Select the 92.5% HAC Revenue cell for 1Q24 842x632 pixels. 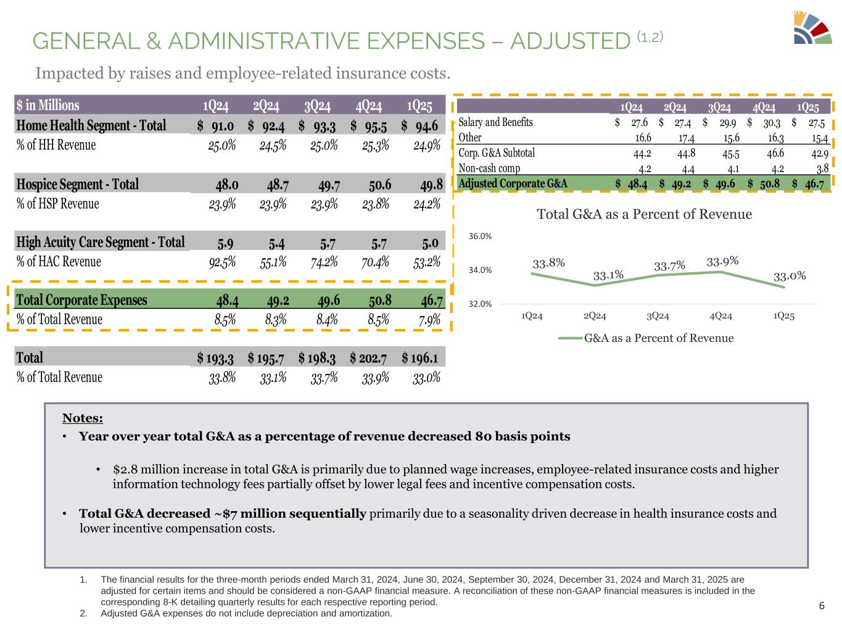223,262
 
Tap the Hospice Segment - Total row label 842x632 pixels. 78,185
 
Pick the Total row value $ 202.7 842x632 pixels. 369,358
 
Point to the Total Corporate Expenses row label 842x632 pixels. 82,300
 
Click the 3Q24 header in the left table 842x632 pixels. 318,106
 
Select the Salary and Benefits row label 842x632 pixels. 495,122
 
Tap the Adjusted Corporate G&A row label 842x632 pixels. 513,183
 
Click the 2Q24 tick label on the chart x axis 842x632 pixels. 595,316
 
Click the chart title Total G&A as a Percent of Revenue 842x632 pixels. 645,214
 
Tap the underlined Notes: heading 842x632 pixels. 82,418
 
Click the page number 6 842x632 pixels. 821,605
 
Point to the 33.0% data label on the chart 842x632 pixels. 790,275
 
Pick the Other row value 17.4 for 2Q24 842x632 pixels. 684,138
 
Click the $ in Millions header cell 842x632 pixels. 48,106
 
